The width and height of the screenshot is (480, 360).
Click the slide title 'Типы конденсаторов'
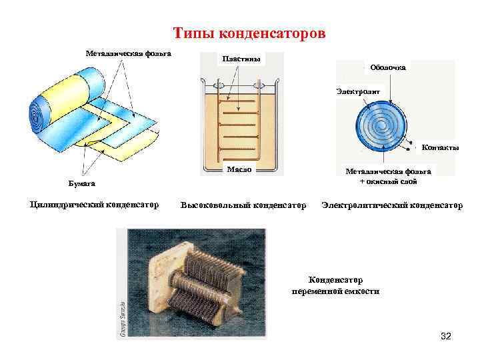tap(249, 33)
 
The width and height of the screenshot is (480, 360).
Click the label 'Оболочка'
tap(387, 67)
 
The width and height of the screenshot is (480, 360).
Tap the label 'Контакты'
tap(441, 147)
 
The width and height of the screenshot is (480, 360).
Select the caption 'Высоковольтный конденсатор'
tap(243, 205)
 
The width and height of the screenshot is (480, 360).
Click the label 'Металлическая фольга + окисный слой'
tap(388, 177)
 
